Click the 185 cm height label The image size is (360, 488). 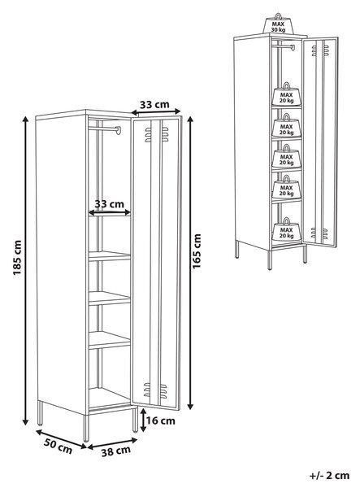(x=17, y=258)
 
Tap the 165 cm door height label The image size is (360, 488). (x=197, y=251)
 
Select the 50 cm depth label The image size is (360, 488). (x=58, y=446)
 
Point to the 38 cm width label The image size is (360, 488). (x=115, y=451)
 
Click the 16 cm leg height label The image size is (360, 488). (x=160, y=420)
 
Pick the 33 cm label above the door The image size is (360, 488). (x=154, y=104)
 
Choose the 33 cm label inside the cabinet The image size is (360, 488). (x=110, y=204)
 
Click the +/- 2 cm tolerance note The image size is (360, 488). (x=330, y=475)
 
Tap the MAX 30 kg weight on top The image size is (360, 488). (x=278, y=24)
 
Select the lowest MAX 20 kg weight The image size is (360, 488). (x=286, y=230)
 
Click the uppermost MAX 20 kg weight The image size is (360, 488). (x=286, y=94)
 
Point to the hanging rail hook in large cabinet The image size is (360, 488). (x=118, y=130)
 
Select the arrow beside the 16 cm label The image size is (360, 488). (x=143, y=420)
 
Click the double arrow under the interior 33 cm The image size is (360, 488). (x=110, y=212)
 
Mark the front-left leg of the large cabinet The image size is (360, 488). (x=86, y=428)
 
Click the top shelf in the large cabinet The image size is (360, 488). (x=110, y=256)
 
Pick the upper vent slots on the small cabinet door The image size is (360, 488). (x=320, y=50)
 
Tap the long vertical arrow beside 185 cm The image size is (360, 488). (x=25, y=271)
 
